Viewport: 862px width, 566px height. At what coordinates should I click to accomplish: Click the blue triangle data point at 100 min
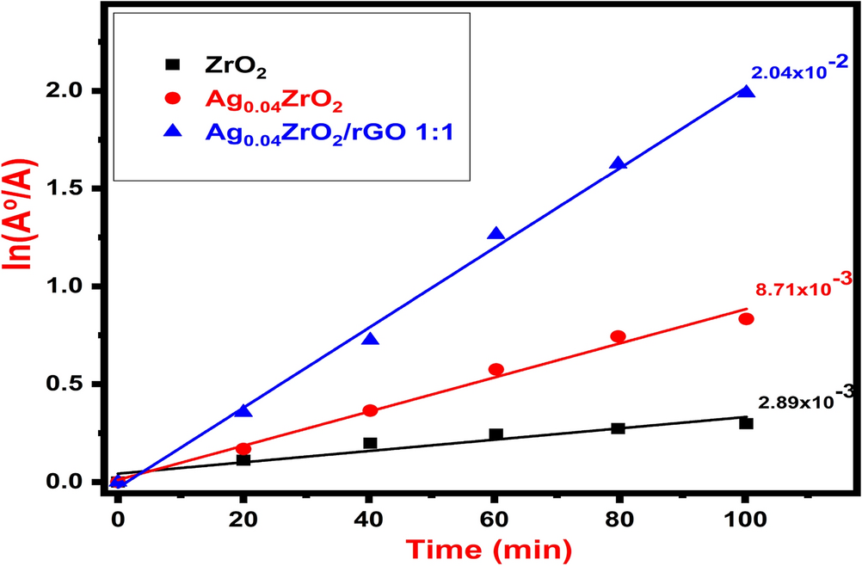coord(746,92)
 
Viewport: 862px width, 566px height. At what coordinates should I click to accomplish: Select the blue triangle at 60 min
coord(496,234)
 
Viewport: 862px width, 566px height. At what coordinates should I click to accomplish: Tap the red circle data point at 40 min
coord(370,410)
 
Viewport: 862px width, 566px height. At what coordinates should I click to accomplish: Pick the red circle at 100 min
coord(746,319)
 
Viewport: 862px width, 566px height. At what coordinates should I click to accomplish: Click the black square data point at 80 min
coord(618,428)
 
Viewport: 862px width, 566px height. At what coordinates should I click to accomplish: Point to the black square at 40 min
coord(370,443)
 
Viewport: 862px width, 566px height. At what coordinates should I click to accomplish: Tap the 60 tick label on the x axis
coord(495,519)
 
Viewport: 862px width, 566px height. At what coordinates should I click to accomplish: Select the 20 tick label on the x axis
coord(243,519)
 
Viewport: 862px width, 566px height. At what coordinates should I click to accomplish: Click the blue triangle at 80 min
coord(618,163)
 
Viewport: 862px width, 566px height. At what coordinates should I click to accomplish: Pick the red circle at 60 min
coord(496,369)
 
